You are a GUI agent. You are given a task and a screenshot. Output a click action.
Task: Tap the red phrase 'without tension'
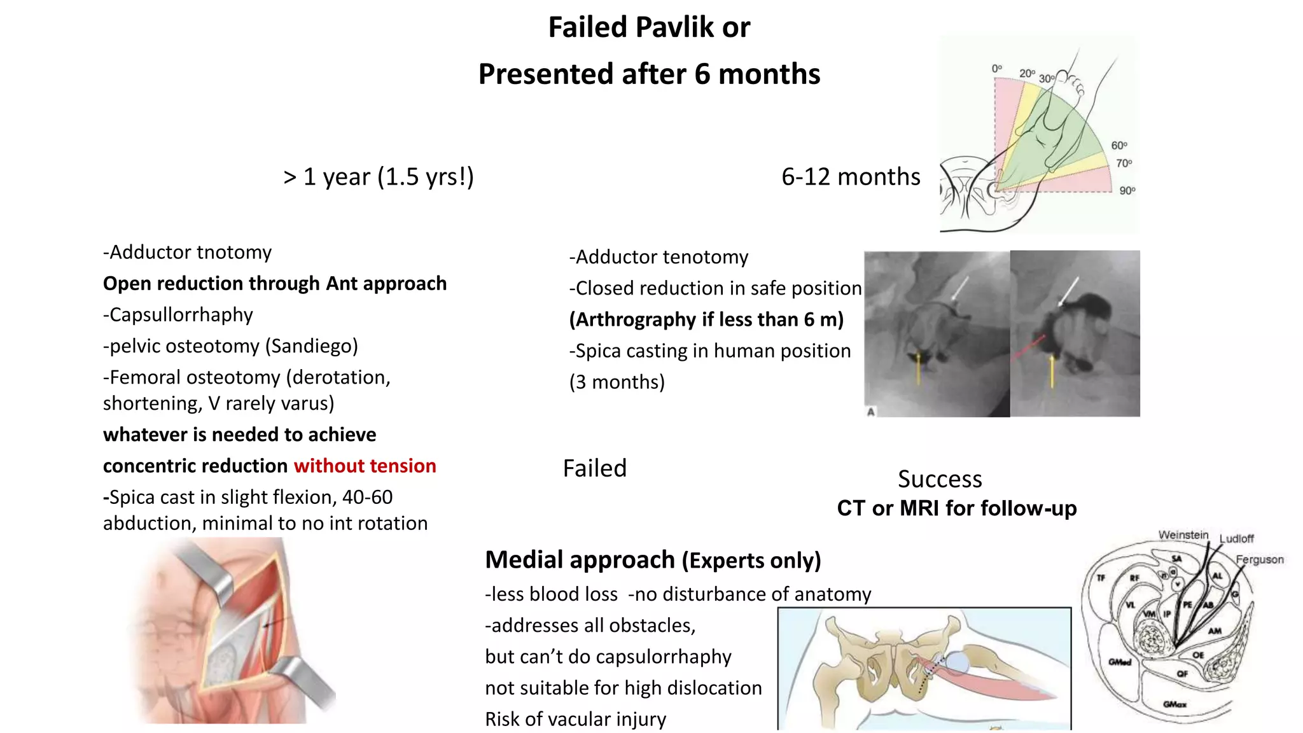tap(365, 466)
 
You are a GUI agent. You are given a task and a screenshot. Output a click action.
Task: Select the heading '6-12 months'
tap(851, 177)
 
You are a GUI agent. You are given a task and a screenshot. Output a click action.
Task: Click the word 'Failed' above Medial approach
tap(595, 468)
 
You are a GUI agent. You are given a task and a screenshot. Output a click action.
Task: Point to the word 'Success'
tap(940, 479)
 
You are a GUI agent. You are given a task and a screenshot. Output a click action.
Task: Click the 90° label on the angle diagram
tap(1127, 190)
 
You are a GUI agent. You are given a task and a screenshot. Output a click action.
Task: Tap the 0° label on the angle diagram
tap(997, 68)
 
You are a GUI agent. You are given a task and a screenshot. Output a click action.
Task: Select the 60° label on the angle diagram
tap(1119, 146)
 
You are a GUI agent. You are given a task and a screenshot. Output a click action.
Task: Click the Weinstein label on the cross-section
tap(1183, 535)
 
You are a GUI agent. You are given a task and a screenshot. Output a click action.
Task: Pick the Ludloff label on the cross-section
tap(1236, 539)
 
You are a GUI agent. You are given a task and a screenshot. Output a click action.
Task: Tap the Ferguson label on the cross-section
tap(1259, 560)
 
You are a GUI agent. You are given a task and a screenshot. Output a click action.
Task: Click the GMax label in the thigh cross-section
tap(1174, 704)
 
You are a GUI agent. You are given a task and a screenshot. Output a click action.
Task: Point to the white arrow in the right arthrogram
tap(1069, 291)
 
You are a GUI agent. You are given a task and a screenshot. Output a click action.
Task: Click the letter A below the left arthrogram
tap(871, 412)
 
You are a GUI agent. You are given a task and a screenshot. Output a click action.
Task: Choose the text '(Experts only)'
tap(751, 561)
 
